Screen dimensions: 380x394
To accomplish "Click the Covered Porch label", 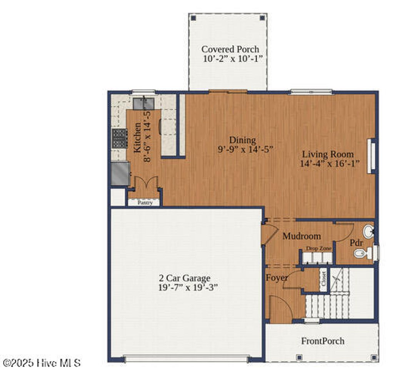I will [x=230, y=49].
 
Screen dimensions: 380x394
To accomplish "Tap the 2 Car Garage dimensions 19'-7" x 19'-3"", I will [x=188, y=288].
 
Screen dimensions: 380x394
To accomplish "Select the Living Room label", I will [x=327, y=154].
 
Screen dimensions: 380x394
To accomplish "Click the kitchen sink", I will [x=144, y=103].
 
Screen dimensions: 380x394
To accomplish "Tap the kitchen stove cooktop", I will [x=120, y=138].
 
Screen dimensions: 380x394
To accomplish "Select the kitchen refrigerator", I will [x=120, y=174].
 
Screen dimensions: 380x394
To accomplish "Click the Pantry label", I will [x=145, y=203].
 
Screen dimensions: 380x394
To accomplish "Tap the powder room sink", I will [x=368, y=231].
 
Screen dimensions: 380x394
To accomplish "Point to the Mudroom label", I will [x=302, y=236].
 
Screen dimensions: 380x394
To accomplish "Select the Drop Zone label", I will [x=319, y=249].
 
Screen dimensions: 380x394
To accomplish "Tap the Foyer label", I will [x=277, y=278].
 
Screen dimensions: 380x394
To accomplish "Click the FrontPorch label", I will [x=322, y=341].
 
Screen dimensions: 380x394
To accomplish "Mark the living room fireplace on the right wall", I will [x=371, y=156].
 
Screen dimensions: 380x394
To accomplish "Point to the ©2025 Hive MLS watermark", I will [x=42, y=363].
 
